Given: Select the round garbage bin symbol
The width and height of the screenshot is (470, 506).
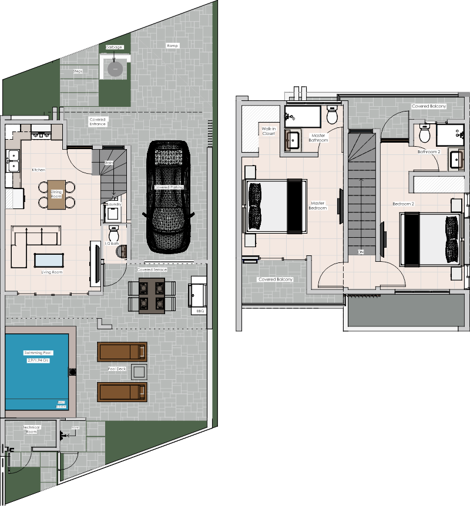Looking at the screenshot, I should pos(115,69).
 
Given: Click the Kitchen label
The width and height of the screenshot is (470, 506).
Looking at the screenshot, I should pos(38,170).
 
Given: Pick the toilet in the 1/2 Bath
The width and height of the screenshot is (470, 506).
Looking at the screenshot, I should pos(114,231).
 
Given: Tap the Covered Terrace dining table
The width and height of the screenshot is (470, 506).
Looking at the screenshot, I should pos(152,295).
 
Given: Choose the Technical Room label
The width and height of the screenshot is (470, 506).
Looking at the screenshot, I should pos(31,429).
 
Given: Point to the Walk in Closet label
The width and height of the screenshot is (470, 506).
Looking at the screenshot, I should pos(268,130).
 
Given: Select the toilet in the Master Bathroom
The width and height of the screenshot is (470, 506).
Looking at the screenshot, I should pos(333,116).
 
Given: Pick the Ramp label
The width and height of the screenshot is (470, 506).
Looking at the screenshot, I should pos(172,45).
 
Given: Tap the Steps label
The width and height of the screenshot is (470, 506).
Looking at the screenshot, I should pos(78,71).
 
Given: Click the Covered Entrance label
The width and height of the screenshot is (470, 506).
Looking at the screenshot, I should pos(98,122).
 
